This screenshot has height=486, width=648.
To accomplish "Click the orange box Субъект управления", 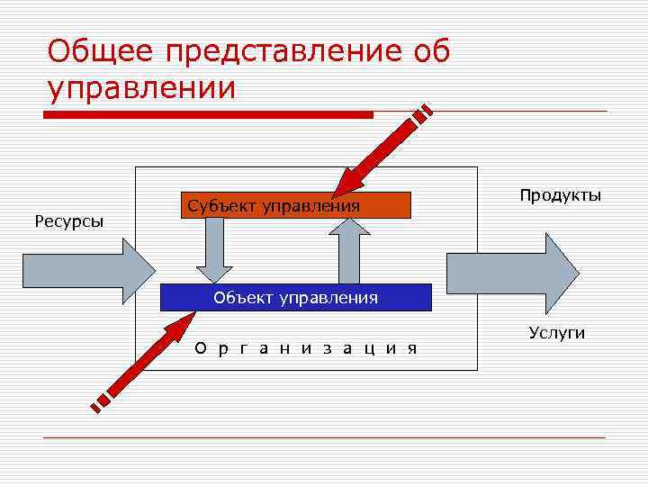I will pyautogui.click(x=295, y=206).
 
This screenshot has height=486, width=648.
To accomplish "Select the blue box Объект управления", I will pyautogui.click(x=295, y=297).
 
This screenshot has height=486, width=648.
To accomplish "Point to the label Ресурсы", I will pyautogui.click(x=69, y=220).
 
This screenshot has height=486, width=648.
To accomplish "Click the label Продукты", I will pyautogui.click(x=560, y=195).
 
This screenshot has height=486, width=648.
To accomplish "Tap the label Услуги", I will pyautogui.click(x=557, y=333).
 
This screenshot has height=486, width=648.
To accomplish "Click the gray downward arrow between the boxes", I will pyautogui.click(x=214, y=250).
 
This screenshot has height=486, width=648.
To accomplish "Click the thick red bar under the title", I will pyautogui.click(x=209, y=115).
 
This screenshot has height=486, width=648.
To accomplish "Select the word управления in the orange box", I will pyautogui.click(x=311, y=207).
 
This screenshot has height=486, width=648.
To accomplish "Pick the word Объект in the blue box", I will pyautogui.click(x=240, y=297).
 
